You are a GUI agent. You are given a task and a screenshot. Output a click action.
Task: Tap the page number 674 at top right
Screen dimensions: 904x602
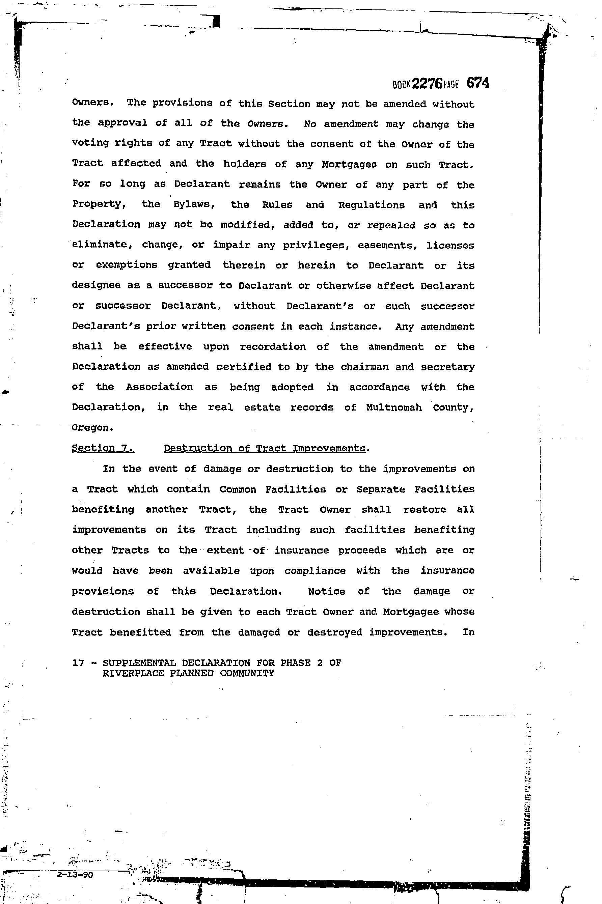tap(477, 83)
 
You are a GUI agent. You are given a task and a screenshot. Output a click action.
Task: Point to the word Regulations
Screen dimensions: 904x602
tap(371, 205)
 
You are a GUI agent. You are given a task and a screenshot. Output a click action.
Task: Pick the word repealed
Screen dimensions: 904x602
tap(391, 225)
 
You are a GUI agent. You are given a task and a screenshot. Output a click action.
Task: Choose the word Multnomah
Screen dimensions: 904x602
tap(394, 407)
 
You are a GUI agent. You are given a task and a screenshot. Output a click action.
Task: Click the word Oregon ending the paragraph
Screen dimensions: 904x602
tap(92, 427)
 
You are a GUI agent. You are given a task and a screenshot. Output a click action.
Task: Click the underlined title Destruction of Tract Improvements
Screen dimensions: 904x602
tap(265, 448)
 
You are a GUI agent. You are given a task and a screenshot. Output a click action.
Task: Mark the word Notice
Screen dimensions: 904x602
tap(326, 591)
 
